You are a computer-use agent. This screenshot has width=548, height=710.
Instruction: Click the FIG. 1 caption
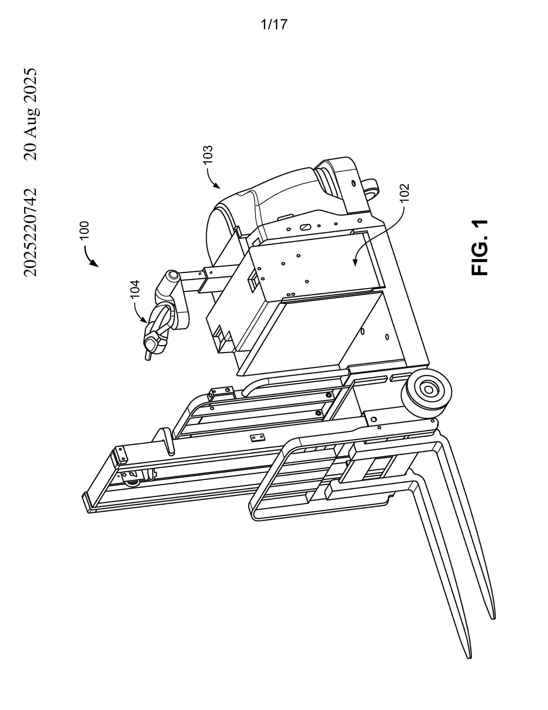tap(479, 248)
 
